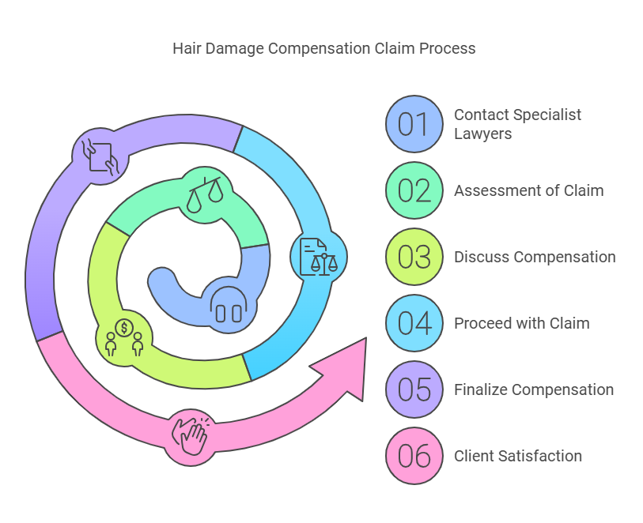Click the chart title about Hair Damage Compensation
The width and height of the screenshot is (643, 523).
[323, 48]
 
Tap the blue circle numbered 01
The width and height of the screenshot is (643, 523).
[414, 125]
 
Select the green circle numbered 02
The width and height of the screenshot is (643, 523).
[414, 191]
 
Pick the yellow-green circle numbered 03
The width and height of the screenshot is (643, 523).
[414, 258]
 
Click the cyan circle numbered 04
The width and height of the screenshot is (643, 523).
[414, 324]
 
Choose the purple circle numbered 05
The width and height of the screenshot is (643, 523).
[414, 390]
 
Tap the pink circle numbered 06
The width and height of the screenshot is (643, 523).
[414, 457]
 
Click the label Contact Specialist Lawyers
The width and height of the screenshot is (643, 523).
[517, 125]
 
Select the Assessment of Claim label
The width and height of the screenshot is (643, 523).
[528, 191]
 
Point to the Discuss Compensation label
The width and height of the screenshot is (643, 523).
[535, 258]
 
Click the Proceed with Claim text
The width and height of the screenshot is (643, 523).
[521, 324]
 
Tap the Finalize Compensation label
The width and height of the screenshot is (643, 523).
[534, 390]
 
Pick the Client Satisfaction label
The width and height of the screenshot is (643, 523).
[517, 457]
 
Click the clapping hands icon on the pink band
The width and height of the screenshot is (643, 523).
[190, 433]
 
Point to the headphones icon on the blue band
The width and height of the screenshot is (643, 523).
[228, 307]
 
